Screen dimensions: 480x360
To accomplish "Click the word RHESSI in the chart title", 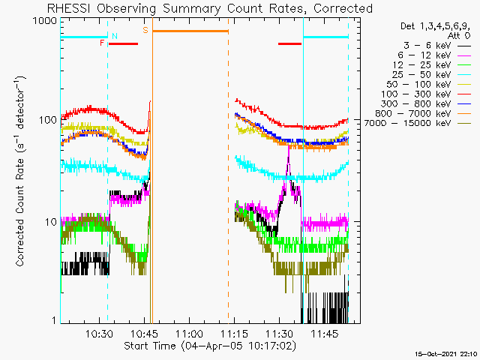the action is [x=68, y=8].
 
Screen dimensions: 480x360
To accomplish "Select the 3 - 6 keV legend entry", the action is [x=437, y=46].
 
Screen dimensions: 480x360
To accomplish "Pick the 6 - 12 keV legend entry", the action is [x=434, y=55].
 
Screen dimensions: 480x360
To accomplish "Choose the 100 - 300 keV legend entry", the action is [x=426, y=94].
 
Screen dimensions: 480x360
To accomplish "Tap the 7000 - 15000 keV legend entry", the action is [x=418, y=123].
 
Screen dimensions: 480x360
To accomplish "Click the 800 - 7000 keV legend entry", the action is [x=423, y=113].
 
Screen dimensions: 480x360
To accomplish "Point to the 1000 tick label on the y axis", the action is [x=45, y=21].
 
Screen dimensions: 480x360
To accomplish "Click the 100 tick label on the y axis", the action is [x=48, y=120].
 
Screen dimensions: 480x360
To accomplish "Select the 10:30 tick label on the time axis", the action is [x=99, y=334].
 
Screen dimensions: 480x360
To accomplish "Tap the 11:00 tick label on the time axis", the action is [x=189, y=334].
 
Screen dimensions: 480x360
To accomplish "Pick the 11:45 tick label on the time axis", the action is [x=325, y=334].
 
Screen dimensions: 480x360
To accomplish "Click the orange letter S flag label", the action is [x=145, y=30].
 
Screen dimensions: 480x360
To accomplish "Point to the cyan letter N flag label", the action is [x=115, y=36].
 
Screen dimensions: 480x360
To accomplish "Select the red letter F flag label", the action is [x=102, y=43].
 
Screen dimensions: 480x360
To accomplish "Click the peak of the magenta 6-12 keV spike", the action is [x=288, y=146].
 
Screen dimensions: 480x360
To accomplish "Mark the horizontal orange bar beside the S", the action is [x=190, y=31].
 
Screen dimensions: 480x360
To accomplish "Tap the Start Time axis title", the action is [x=210, y=346].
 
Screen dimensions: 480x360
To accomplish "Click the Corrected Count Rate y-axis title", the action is [x=20, y=172].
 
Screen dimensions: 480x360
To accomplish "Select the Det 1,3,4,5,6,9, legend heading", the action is [x=435, y=26].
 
